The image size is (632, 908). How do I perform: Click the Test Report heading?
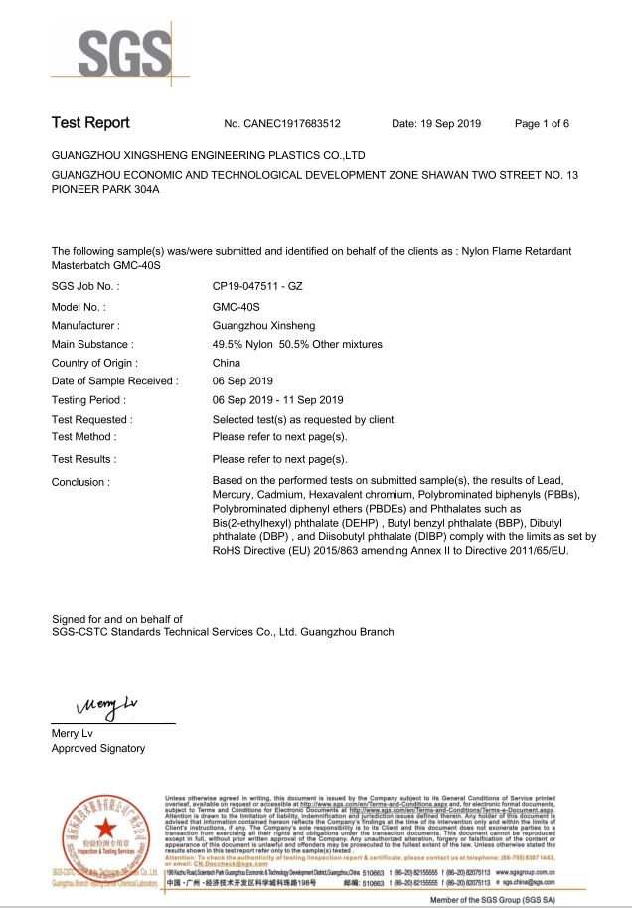point(90,123)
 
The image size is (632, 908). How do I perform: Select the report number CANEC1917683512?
point(283,124)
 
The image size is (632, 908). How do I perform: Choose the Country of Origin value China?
point(227,363)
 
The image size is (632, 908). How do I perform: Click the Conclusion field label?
point(80,482)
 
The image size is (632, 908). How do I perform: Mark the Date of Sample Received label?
point(114,381)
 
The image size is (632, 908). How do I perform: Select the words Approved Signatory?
point(98,748)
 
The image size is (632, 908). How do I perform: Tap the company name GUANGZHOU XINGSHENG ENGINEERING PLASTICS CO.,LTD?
point(209,156)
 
